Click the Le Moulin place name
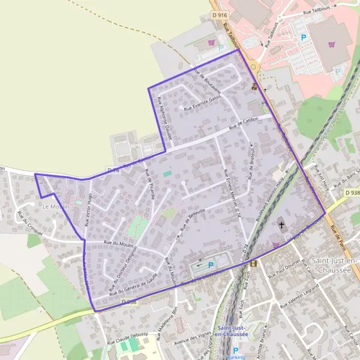[x=56, y=206]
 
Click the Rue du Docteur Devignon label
[x=124, y=268]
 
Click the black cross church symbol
[x=282, y=226]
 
